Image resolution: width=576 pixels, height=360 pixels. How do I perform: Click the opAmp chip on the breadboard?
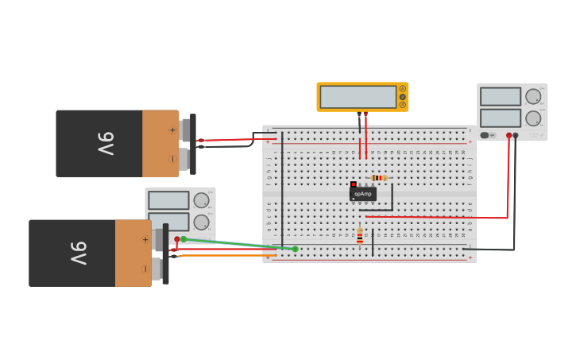[363, 194]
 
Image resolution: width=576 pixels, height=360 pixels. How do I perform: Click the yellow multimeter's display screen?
[358, 97]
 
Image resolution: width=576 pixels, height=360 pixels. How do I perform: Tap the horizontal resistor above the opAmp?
[379, 178]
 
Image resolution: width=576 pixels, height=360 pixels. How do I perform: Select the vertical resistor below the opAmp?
[360, 236]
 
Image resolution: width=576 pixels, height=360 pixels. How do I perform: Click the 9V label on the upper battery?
[106, 144]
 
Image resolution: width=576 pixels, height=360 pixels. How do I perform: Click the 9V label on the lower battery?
[78, 254]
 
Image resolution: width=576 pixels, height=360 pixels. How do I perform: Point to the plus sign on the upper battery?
[172, 130]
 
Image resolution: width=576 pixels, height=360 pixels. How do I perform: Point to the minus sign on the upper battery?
[172, 159]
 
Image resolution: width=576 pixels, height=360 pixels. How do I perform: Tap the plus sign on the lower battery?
[145, 239]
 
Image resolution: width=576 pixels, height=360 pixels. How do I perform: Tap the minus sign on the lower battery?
[145, 269]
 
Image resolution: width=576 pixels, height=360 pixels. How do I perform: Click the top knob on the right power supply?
[533, 97]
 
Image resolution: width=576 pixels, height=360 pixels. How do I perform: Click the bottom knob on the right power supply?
[533, 118]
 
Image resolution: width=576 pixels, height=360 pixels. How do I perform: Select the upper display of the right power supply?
[501, 97]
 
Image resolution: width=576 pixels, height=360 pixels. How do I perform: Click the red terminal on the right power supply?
[509, 136]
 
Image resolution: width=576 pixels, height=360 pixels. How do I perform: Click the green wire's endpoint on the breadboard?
[295, 249]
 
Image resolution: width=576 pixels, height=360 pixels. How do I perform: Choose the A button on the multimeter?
[403, 88]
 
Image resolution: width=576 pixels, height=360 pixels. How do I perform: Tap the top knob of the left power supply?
[201, 200]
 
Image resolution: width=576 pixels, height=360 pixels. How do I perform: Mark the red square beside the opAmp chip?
[354, 184]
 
